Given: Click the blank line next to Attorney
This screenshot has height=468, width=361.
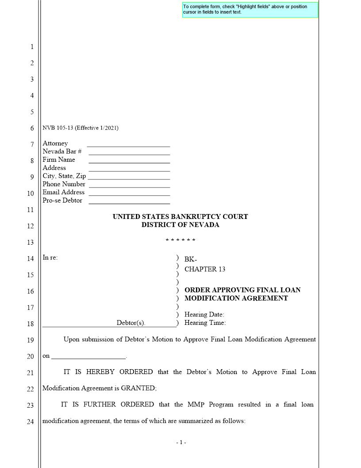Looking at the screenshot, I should pos(128,145).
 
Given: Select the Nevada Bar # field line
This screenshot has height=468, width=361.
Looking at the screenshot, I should pos(129,154).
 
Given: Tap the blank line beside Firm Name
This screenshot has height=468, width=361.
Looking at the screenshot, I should pos(129,162).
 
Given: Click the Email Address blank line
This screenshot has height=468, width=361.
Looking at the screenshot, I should pos(129,194).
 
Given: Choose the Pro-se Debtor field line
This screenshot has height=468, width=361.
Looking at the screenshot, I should pos(129,203).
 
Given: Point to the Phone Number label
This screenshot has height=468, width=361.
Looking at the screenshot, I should pos(64,184).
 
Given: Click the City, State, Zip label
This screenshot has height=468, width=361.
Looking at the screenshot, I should pos(64,176).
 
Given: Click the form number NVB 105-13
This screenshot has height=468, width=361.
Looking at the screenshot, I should pos(58,128).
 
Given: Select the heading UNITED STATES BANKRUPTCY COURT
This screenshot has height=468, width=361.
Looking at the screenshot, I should pos(180,217).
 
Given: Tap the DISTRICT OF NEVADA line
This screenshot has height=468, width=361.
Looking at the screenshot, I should pos(180,225).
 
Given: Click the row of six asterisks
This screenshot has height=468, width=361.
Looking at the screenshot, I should pos(180,241).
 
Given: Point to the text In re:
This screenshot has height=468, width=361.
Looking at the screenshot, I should pos(50,257).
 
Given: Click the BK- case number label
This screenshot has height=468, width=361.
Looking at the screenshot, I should pos(191,260).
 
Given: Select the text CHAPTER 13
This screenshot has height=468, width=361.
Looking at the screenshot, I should pos(205,269).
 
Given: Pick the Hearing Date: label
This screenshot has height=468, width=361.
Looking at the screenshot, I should pos(204,315).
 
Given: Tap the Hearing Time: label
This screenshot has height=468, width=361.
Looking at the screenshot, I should pos(205,323).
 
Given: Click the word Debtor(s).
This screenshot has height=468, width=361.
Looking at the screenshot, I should pos(131,323).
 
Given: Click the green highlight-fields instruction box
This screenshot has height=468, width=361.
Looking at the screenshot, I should pos(250,10).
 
